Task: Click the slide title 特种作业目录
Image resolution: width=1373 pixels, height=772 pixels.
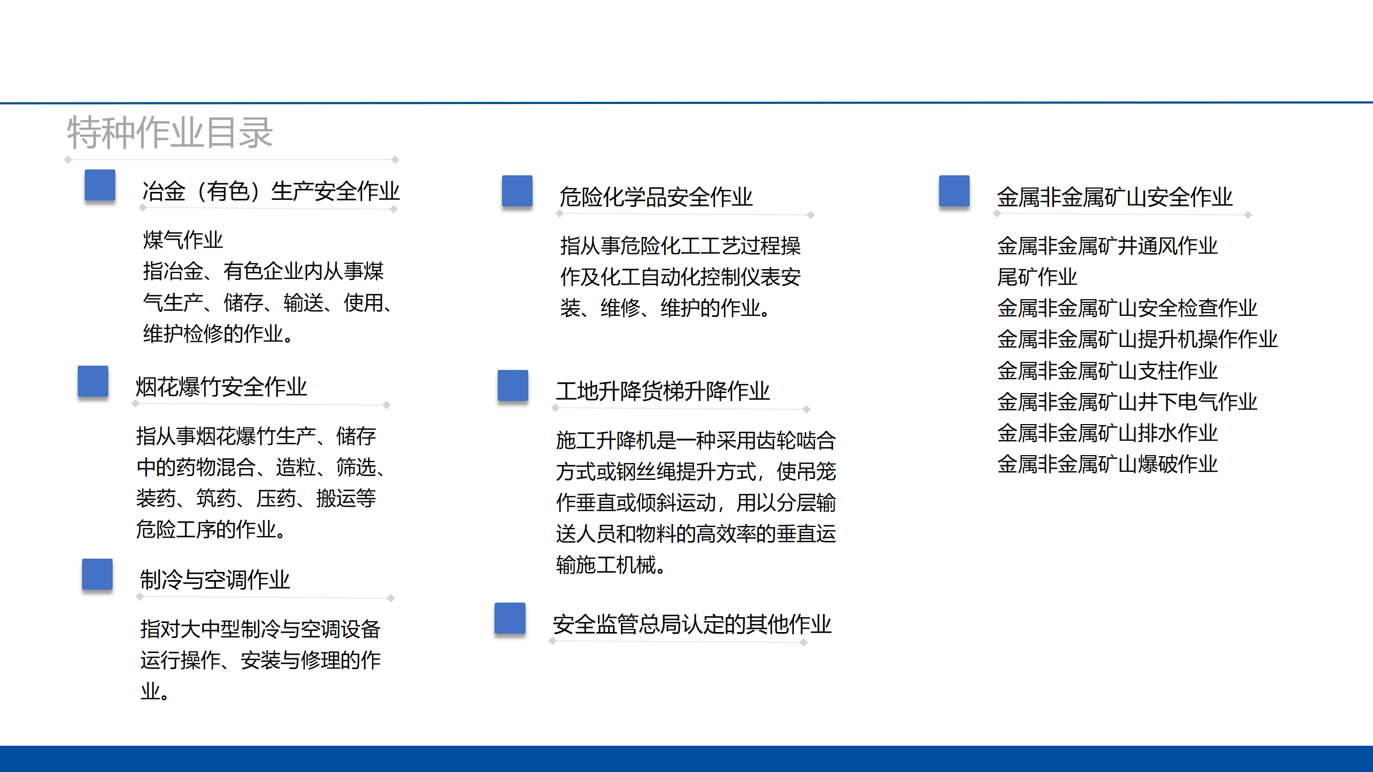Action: click(x=170, y=132)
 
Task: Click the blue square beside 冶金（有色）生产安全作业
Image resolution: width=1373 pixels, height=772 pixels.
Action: click(x=100, y=185)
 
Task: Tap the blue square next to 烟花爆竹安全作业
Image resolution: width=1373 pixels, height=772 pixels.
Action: click(x=93, y=381)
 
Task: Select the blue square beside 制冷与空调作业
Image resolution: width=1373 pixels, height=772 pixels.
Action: click(x=98, y=574)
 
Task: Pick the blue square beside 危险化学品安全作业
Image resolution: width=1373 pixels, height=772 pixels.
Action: click(x=518, y=191)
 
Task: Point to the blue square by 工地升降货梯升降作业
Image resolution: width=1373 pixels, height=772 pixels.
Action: click(x=513, y=385)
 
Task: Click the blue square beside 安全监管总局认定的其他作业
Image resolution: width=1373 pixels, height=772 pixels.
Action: click(x=510, y=619)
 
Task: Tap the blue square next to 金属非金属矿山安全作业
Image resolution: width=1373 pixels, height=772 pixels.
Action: click(x=955, y=191)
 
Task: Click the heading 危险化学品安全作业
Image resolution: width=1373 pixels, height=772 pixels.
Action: click(x=656, y=197)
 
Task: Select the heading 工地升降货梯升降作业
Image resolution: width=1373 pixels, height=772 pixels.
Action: click(x=663, y=391)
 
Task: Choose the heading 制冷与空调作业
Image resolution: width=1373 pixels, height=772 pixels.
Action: click(x=215, y=580)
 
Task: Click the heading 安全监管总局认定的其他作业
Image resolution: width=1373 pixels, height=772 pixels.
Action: click(x=692, y=624)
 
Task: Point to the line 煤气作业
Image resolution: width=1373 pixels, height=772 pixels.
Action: click(x=183, y=240)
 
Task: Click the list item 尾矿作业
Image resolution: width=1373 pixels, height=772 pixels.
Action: click(x=1037, y=277)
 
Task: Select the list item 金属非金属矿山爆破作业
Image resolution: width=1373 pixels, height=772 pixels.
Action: click(x=1108, y=464)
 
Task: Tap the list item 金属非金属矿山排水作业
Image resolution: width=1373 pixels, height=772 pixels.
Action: click(x=1108, y=433)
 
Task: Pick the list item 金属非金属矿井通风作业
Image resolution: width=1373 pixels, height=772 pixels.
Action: click(x=1108, y=246)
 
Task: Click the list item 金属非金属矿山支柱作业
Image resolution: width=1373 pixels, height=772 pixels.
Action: click(x=1108, y=370)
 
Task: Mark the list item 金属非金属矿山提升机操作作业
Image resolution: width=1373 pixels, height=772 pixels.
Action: click(x=1138, y=339)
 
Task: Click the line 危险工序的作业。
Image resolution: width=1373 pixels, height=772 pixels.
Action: click(x=212, y=529)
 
